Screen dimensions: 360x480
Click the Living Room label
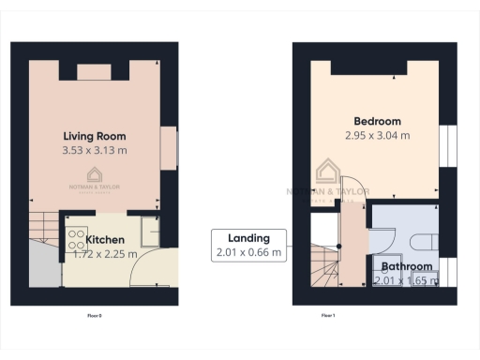tap(95, 135)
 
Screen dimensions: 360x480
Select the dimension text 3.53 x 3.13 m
tap(95, 149)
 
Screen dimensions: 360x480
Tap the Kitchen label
tap(104, 239)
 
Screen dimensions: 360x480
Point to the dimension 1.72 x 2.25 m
tap(104, 253)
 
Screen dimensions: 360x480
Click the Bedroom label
tap(377, 121)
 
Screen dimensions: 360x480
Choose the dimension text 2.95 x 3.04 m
tap(377, 135)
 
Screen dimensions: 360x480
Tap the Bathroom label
tap(406, 266)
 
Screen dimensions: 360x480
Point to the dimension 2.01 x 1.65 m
tap(406, 279)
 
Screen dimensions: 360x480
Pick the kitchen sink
tap(146, 230)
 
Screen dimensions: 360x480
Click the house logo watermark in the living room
tap(95, 174)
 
